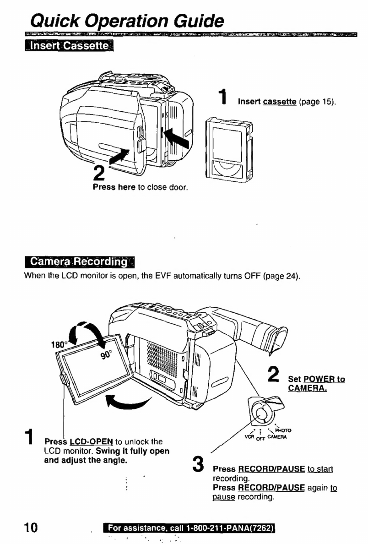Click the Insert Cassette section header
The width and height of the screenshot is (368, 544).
point(69,45)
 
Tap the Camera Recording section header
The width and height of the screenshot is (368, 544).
point(80,261)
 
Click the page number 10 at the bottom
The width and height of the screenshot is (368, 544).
point(31,527)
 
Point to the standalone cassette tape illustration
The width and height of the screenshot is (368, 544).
point(229,149)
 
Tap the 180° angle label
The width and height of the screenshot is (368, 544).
point(58,344)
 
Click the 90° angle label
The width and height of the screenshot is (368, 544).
point(107,354)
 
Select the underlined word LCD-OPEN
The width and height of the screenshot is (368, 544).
point(91,441)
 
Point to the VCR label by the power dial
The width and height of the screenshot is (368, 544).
point(249,436)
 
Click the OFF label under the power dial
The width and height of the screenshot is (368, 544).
point(260,439)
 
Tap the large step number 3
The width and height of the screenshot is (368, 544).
point(198,464)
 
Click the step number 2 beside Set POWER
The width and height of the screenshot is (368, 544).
point(274,375)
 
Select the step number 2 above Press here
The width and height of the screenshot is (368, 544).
point(99,173)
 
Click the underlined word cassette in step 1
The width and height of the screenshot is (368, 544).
point(280,102)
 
